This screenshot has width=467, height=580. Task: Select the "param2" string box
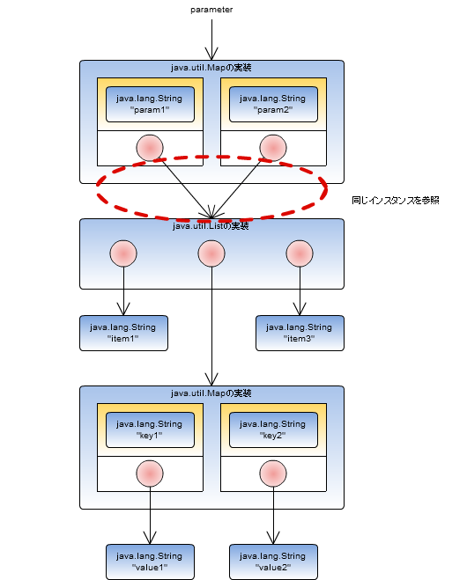tap(273, 105)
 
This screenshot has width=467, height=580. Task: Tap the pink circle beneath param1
tap(150, 147)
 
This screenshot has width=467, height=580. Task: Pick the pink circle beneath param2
tap(273, 147)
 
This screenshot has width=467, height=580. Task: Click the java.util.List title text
tap(211, 226)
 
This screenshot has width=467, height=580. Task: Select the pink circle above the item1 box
tap(123, 253)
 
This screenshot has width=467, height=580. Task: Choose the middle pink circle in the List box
tap(211, 253)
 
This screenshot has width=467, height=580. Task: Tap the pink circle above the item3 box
tap(300, 253)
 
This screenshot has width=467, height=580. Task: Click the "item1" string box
tap(123, 333)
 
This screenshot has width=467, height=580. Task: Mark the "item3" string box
tap(300, 333)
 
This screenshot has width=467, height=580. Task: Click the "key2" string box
tap(273, 430)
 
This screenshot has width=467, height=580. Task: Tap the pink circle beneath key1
tap(150, 473)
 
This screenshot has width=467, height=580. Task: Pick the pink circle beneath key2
tap(273, 473)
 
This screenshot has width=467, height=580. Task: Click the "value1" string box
tap(150, 562)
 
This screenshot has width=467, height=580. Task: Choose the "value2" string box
tap(273, 562)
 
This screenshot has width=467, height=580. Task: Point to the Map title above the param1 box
tap(211, 68)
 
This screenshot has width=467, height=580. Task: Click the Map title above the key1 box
tap(211, 393)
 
